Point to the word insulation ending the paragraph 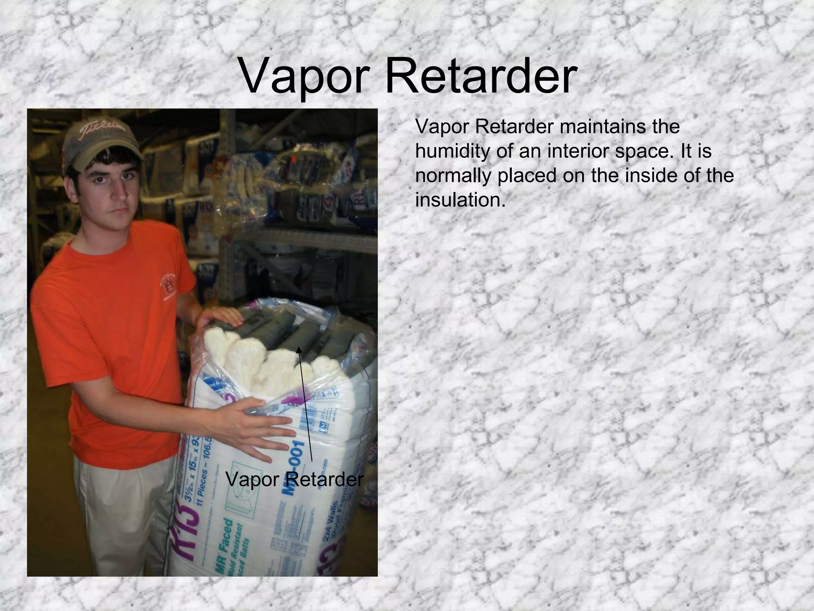[460, 200]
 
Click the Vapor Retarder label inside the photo [295, 480]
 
